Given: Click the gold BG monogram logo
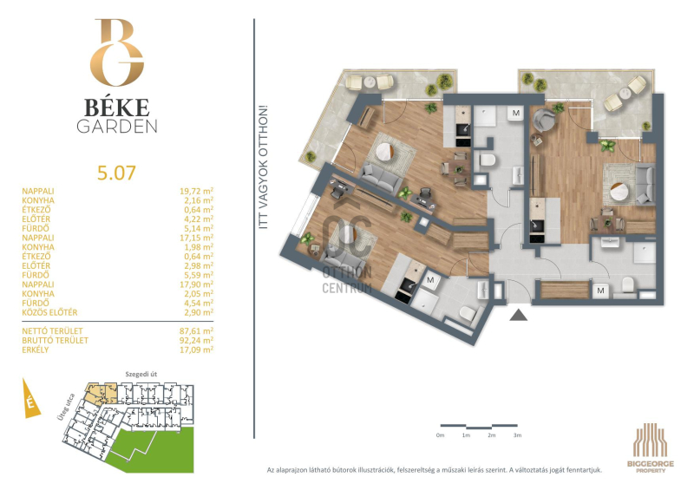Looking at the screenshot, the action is [x=117, y=52].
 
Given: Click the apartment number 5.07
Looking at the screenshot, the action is [x=116, y=173].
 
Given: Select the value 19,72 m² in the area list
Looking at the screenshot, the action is [x=197, y=191].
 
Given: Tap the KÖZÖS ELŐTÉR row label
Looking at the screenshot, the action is [x=49, y=312].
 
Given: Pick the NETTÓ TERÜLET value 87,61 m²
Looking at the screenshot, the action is [x=197, y=331].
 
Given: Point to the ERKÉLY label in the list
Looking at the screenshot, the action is [x=36, y=350].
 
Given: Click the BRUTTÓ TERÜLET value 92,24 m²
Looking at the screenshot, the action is [x=197, y=340].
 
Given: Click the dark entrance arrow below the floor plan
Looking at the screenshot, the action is [x=518, y=315].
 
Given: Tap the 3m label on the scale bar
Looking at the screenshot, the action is [x=517, y=435].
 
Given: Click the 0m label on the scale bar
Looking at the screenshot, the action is [x=440, y=435].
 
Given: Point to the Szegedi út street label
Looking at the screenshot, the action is [x=141, y=375].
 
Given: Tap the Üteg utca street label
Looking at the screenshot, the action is [x=66, y=406].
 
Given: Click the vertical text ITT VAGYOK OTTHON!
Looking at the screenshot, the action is [x=264, y=167].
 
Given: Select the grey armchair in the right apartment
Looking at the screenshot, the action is [x=544, y=120].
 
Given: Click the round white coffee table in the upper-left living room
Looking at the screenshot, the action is [x=384, y=152].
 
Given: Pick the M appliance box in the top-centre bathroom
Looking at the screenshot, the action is [x=515, y=114].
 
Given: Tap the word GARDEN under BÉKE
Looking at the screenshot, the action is [x=117, y=127].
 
